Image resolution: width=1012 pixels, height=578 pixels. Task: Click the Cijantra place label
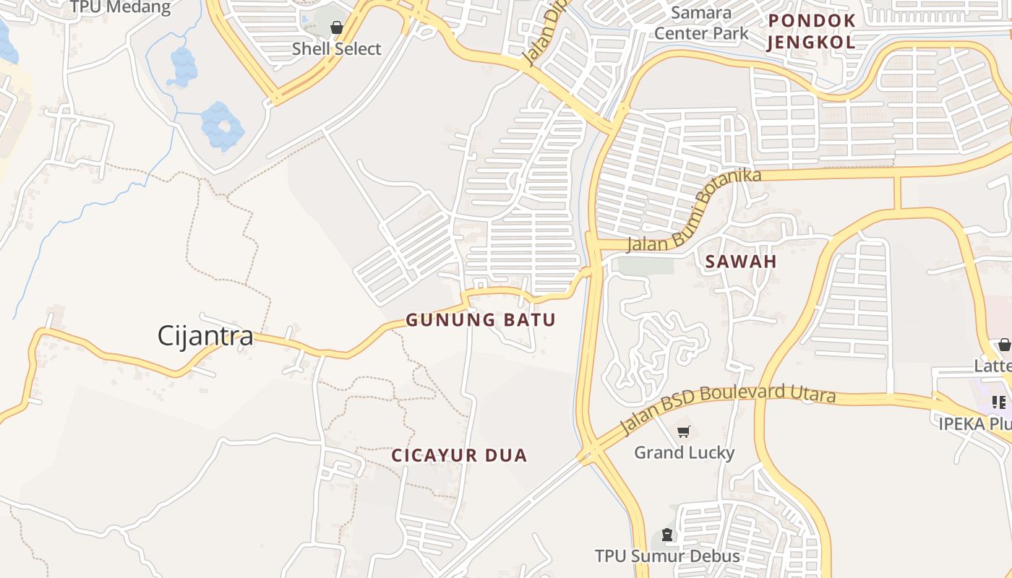click(x=205, y=336)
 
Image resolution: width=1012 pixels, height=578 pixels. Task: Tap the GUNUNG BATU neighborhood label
click(x=481, y=320)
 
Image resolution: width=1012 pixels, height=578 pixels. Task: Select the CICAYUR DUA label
click(x=460, y=455)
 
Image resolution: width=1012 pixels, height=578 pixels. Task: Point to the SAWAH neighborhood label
click(x=741, y=262)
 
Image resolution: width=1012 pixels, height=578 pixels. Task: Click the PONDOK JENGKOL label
click(x=811, y=31)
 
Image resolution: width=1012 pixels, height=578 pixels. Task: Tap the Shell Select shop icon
click(x=336, y=28)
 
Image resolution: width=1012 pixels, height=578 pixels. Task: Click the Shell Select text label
click(x=336, y=49)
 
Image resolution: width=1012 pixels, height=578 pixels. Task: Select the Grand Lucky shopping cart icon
click(x=684, y=432)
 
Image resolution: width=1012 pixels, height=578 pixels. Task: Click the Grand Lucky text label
click(x=684, y=453)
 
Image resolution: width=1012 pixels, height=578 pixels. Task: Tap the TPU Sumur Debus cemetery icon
click(x=666, y=535)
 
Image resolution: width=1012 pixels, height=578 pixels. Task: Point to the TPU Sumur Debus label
click(x=667, y=556)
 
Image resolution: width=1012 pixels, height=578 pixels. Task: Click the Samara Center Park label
click(x=701, y=22)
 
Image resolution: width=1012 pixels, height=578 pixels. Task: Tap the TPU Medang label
click(x=120, y=8)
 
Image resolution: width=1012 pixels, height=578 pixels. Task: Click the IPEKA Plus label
click(x=974, y=423)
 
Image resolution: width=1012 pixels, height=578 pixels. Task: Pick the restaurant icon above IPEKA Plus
click(x=999, y=402)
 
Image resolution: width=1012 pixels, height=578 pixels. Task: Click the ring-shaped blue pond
click(x=223, y=126)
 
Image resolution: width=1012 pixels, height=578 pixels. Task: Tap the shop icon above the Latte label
click(x=1004, y=345)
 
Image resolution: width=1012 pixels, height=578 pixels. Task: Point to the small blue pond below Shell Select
click(x=184, y=66)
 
